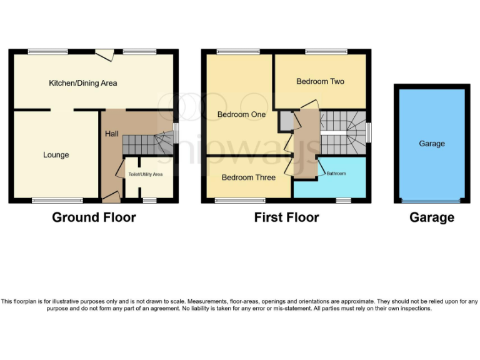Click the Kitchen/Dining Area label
click(x=82, y=83)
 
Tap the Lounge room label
click(x=56, y=155)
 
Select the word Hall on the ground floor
click(x=111, y=134)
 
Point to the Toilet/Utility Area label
click(x=145, y=174)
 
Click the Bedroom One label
click(x=241, y=114)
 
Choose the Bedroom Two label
click(x=320, y=81)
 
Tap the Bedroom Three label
click(x=248, y=177)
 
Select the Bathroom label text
click(x=336, y=173)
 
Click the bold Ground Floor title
click(x=94, y=217)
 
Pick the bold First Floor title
click(x=286, y=217)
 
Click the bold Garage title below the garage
click(x=432, y=217)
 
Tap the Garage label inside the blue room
click(x=432, y=144)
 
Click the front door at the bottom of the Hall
click(x=111, y=198)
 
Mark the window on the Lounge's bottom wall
click(x=57, y=201)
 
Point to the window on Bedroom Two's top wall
click(x=326, y=51)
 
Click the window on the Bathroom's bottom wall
click(x=343, y=201)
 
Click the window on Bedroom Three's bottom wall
click(x=239, y=201)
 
